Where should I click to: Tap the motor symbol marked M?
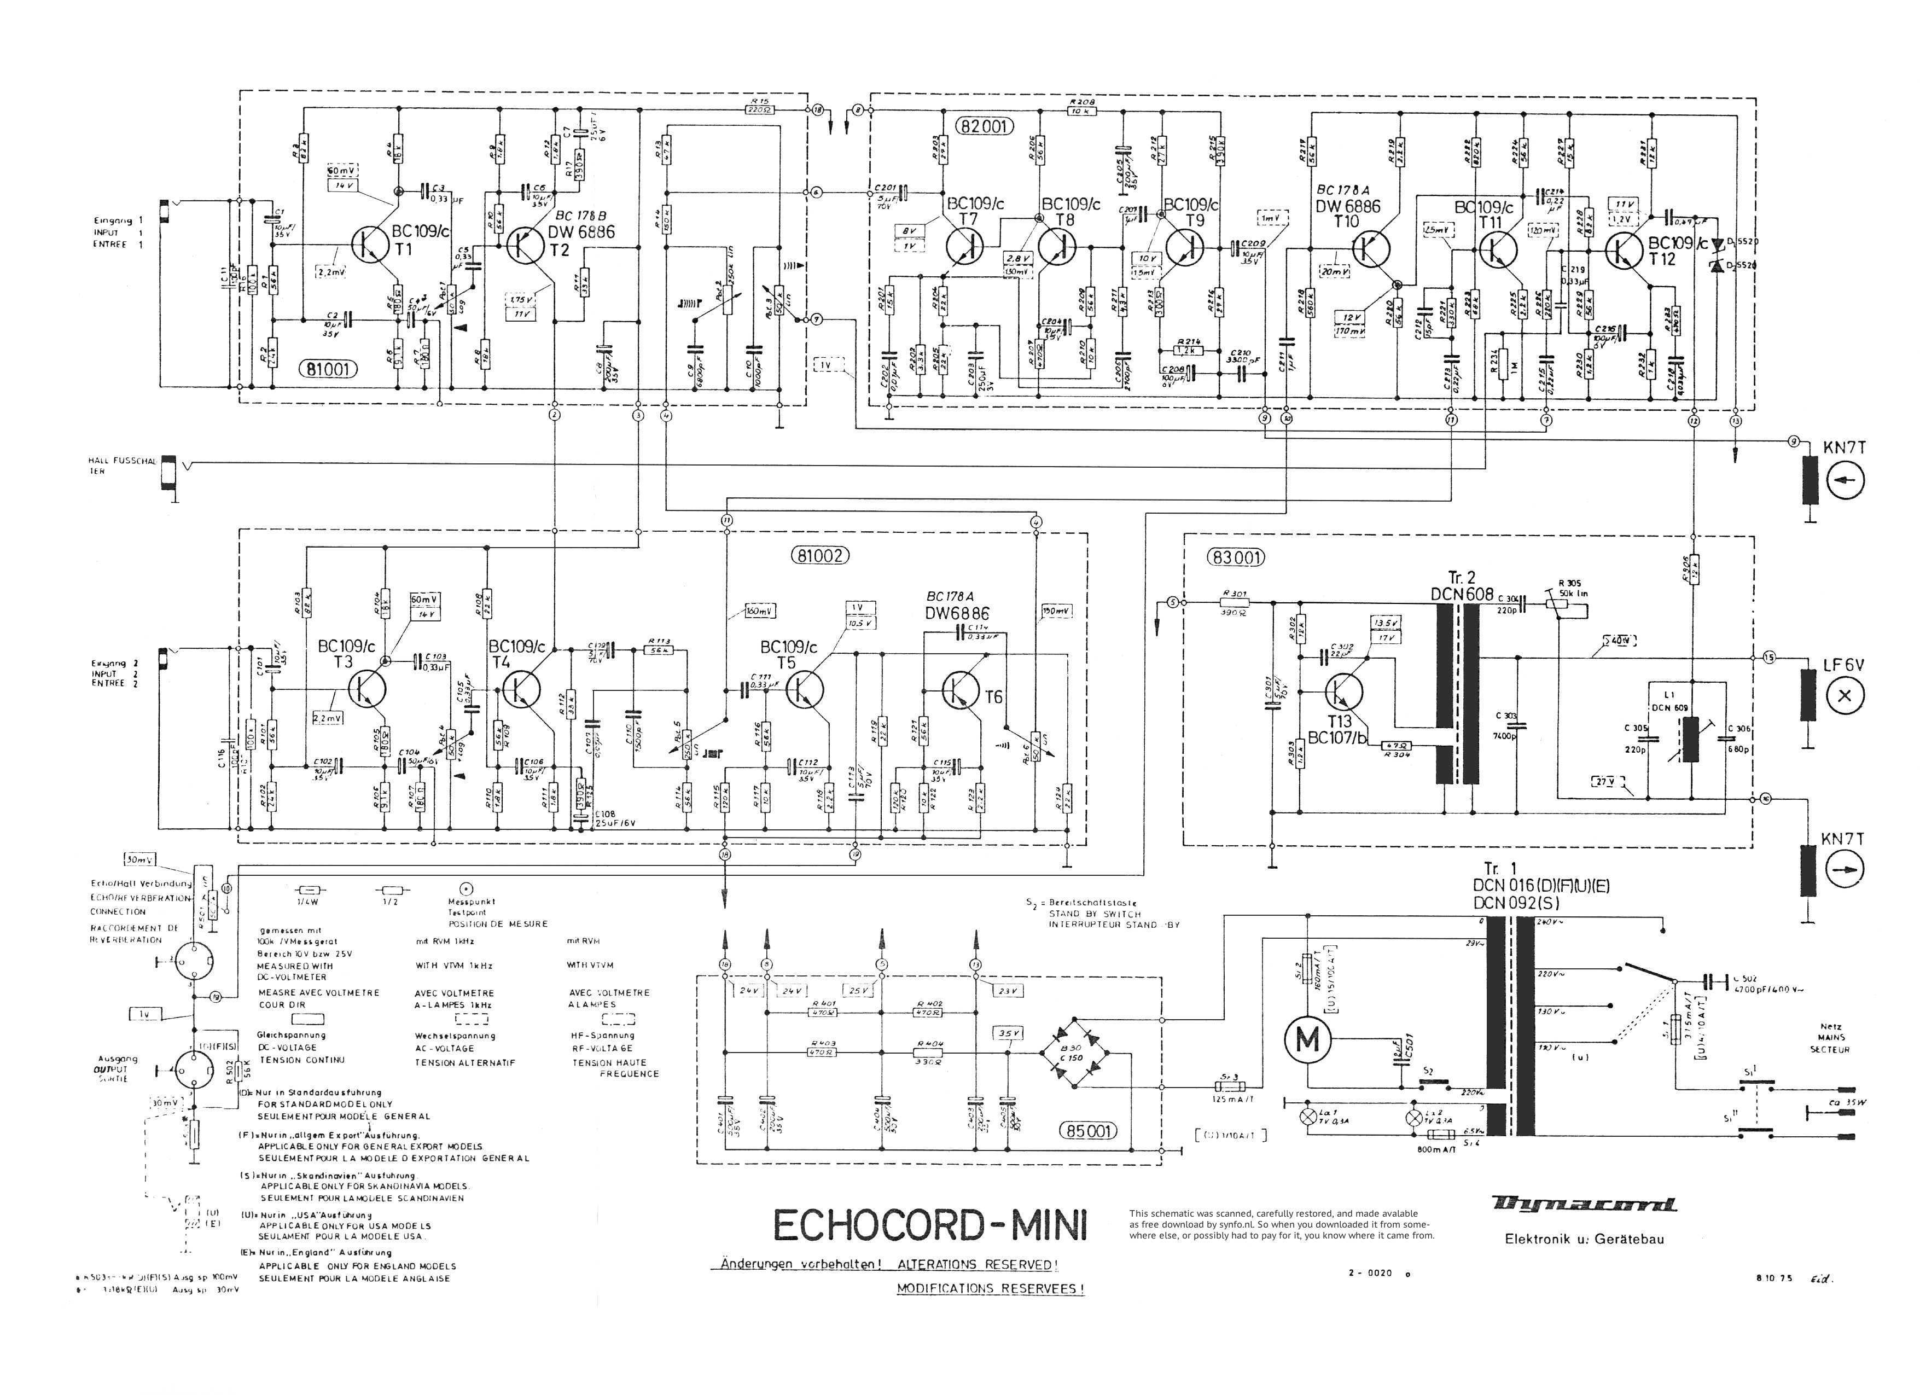[x=1308, y=1041]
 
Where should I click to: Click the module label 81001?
[x=328, y=369]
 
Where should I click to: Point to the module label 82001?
[x=984, y=127]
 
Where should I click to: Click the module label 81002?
[x=819, y=556]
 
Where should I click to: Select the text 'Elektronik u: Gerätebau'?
[x=1584, y=1239]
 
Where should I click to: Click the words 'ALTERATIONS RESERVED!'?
[x=978, y=1265]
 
